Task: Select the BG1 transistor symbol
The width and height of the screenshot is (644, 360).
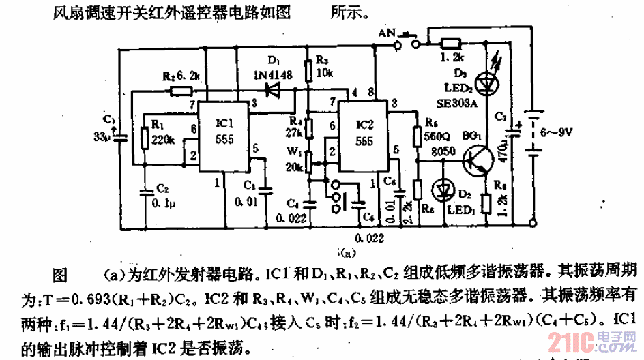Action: (476, 162)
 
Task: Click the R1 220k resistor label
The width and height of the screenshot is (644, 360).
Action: (164, 134)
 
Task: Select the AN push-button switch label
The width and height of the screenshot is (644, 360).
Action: (386, 32)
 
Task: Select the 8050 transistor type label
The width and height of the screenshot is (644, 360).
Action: (443, 154)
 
